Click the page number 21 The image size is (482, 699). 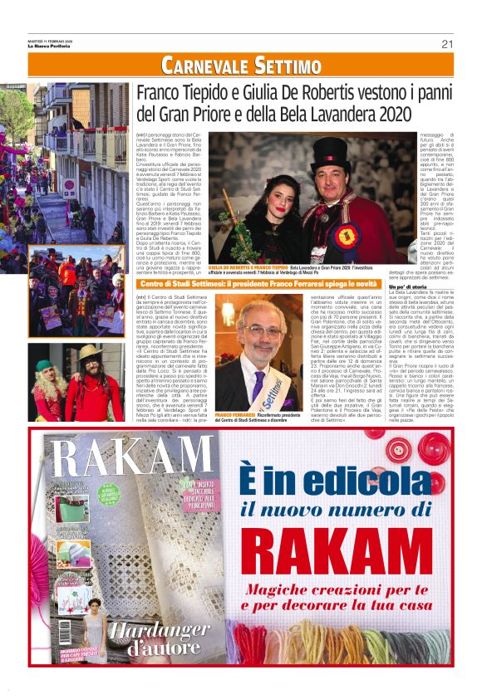coord(447,43)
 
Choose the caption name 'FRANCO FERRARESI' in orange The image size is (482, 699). coord(235,413)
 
